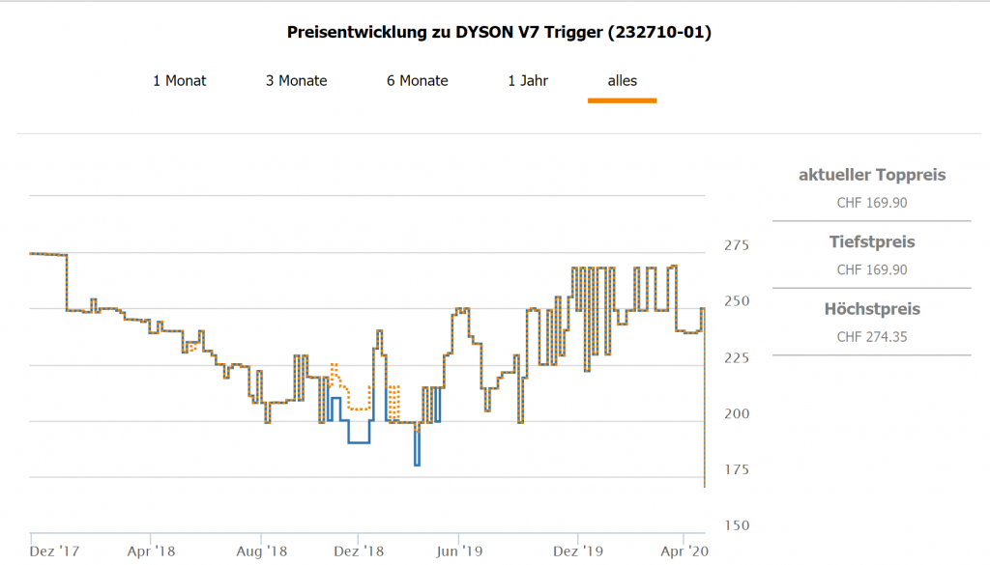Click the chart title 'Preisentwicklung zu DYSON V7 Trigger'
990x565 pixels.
499,33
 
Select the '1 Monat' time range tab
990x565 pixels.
180,81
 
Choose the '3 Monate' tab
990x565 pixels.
297,81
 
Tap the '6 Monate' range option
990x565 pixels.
418,81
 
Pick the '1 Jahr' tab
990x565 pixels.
528,81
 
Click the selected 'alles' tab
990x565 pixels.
623,81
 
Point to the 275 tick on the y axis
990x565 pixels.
736,245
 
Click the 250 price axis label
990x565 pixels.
736,301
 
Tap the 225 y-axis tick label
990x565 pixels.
736,357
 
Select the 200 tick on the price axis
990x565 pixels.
736,413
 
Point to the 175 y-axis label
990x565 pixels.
736,469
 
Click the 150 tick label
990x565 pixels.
736,525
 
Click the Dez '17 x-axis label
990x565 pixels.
55,551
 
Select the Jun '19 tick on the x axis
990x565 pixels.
459,551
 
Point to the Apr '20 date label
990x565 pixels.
684,551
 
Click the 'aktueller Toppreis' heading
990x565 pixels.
872,175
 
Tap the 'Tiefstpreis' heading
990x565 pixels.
872,241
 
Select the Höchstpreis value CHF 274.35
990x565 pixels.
872,337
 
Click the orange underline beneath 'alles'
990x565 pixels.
623,99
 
